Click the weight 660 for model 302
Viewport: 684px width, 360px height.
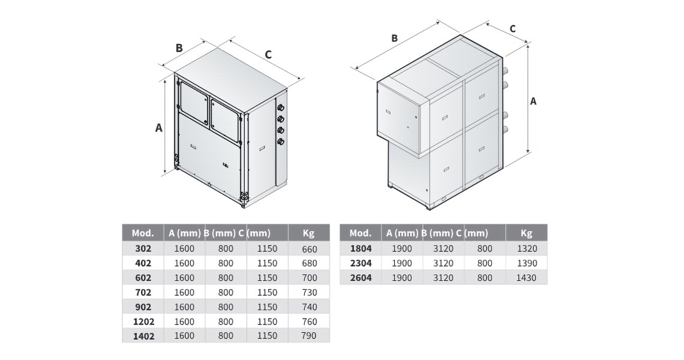point(309,249)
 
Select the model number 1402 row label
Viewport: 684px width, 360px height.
point(143,337)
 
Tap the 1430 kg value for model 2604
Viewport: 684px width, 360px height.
point(526,278)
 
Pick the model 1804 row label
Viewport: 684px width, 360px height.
point(361,249)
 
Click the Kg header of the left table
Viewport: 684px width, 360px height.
point(308,233)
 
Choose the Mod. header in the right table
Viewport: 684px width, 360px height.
point(361,233)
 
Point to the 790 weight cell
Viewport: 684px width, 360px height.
point(309,336)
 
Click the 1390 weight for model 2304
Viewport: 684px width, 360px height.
point(526,263)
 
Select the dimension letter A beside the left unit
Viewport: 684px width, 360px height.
point(159,128)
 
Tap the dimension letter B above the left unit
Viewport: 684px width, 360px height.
point(179,47)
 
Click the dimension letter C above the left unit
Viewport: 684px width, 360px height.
point(268,55)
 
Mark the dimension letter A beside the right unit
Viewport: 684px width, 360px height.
point(533,101)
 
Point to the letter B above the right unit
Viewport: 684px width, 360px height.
point(394,38)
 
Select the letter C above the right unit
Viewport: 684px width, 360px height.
point(512,29)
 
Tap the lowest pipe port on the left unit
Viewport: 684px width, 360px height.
point(280,141)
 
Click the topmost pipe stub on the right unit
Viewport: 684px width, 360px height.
point(506,70)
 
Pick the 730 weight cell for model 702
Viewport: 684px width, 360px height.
point(309,293)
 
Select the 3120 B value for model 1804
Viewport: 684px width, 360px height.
point(443,249)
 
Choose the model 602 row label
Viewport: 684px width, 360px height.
point(143,278)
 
